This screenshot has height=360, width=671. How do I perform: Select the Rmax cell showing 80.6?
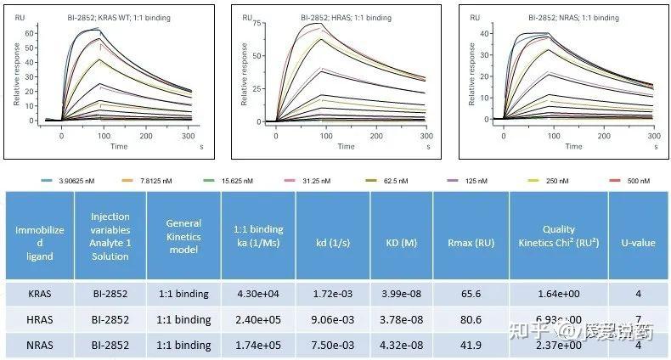point(471,319)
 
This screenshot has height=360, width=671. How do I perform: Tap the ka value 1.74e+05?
point(258,346)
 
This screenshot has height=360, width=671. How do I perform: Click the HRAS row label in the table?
point(40,319)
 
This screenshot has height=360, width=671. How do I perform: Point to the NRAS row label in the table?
point(40,346)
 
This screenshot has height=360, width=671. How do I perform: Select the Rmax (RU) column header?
point(471,242)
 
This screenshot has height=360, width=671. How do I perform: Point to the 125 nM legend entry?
point(478,181)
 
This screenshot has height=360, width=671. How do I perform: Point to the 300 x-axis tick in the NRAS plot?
point(653,135)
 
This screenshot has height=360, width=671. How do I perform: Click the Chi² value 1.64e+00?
point(559,294)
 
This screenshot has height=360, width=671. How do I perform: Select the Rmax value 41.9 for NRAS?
point(471,346)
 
